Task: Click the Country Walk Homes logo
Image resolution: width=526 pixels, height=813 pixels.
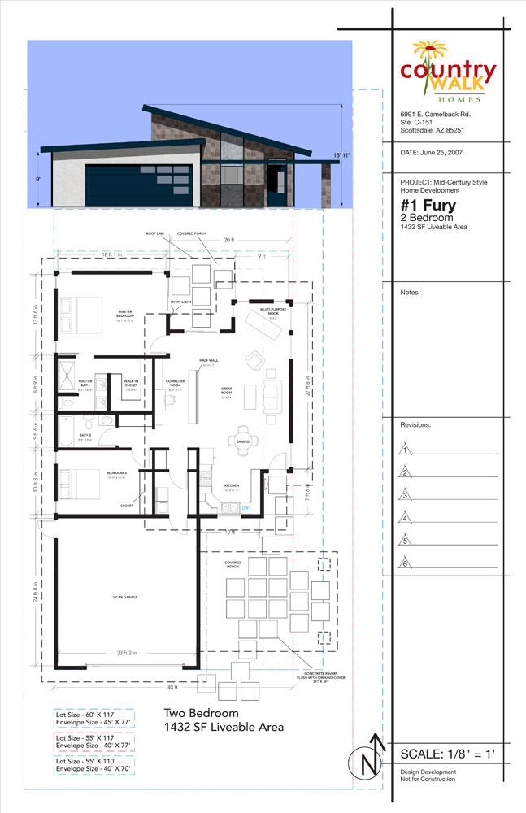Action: [x=447, y=71]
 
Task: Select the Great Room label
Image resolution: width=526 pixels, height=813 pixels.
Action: [x=227, y=390]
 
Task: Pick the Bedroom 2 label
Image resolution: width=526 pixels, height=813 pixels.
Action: [x=117, y=472]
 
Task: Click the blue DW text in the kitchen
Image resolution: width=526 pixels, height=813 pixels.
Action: [x=243, y=509]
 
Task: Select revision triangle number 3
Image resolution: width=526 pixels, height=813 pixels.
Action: [x=404, y=495]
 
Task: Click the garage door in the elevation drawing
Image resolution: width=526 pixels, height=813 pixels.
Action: [x=137, y=183]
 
